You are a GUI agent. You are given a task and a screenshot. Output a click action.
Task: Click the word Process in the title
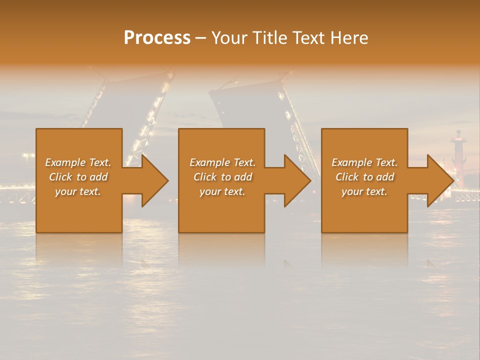157,38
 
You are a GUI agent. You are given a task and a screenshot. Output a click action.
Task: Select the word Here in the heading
348,38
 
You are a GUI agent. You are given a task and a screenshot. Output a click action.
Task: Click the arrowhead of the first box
155,180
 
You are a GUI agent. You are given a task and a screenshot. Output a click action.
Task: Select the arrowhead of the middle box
298,180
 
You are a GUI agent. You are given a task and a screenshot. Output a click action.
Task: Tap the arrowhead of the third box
440,180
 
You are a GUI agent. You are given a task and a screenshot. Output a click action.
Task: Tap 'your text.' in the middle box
222,191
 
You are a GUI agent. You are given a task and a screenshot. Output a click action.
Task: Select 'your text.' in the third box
364,191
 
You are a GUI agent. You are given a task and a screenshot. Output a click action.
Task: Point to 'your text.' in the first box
77,191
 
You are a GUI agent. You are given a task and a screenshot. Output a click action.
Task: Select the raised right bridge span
260,105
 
